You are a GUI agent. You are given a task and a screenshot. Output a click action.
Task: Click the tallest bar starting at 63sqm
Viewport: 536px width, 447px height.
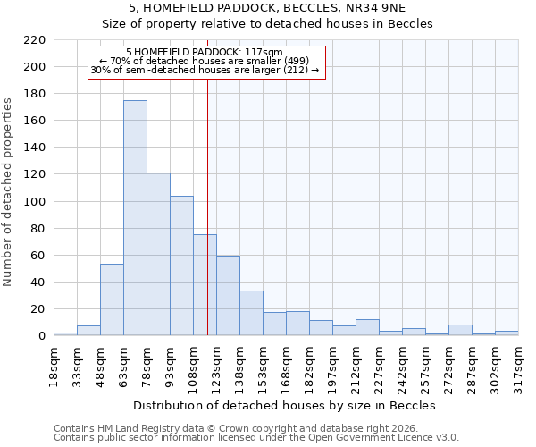[x=135, y=218]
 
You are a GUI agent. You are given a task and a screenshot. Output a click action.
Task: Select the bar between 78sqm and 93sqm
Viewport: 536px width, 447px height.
[x=158, y=255]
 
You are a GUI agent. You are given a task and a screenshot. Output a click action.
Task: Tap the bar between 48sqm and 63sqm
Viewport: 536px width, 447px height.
[x=112, y=299]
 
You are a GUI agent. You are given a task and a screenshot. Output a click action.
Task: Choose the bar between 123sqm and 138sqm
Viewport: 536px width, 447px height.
[x=228, y=296]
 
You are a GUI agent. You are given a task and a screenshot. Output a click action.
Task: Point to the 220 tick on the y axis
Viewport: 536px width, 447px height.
[x=33, y=40]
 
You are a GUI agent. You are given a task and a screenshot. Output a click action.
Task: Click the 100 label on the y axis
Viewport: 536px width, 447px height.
[x=33, y=202]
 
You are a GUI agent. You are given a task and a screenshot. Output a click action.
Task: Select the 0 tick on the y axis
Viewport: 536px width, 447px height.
[x=41, y=336]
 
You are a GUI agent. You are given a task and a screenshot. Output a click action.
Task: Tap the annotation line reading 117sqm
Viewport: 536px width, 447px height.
[x=205, y=52]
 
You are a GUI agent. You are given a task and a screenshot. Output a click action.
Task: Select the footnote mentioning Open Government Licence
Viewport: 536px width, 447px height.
[x=256, y=437]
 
